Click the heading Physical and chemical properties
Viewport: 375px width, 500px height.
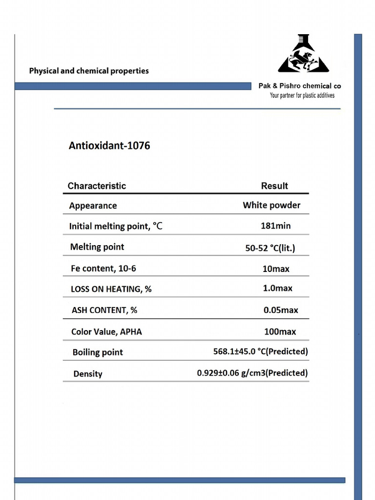coord(89,71)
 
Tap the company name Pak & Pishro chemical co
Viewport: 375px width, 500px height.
coord(299,86)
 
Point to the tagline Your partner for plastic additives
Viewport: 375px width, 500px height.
coord(302,96)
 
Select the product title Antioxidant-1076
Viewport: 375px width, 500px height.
coord(109,146)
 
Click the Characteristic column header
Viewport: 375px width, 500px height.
coord(97,186)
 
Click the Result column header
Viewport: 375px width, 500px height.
coord(274,186)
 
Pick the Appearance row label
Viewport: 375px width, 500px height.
coord(93,206)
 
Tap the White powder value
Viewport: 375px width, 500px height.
coord(271,205)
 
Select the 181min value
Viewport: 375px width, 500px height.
coord(275,226)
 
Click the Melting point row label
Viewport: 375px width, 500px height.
coord(97,247)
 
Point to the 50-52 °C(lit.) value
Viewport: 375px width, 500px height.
coord(270,248)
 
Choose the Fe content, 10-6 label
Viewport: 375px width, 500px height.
coord(103,268)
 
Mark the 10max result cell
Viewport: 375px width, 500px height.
coord(276,269)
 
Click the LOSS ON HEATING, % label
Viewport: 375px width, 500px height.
coord(111,289)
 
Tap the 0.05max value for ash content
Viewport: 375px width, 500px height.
coord(281,310)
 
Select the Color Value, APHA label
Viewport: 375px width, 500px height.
coord(106,332)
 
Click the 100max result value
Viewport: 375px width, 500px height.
coord(280,332)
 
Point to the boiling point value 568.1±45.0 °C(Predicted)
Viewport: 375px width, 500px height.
coord(261,352)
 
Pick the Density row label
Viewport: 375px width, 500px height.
coord(88,374)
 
